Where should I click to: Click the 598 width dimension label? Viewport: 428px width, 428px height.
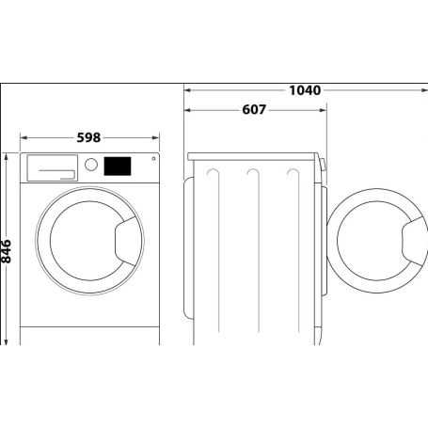[x=88, y=137]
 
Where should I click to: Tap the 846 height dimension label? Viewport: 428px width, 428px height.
[x=8, y=251]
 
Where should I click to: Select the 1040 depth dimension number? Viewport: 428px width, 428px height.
[x=305, y=90]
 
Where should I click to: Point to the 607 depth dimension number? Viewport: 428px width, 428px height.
[x=254, y=110]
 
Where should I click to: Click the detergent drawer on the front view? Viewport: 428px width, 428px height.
[x=53, y=166]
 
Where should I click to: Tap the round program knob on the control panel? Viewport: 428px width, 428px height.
[x=92, y=165]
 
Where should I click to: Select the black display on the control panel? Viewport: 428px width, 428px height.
[x=117, y=166]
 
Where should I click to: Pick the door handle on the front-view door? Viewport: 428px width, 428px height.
[x=125, y=242]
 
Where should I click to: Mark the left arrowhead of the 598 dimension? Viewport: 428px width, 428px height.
[x=24, y=137]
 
